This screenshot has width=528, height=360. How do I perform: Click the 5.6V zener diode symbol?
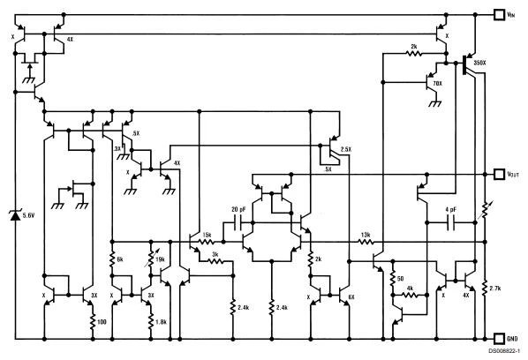click(x=15, y=216)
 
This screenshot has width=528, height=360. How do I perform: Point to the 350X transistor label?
click(x=481, y=64)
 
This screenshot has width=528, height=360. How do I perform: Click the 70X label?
click(x=437, y=83)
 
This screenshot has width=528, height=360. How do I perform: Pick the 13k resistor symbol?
click(x=365, y=241)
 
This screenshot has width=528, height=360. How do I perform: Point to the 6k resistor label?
click(x=120, y=259)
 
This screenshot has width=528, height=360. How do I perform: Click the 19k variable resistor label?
click(x=159, y=259)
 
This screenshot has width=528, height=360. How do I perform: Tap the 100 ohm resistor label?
click(x=102, y=321)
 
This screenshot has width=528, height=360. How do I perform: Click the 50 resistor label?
click(x=399, y=278)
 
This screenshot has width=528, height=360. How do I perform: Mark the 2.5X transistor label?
click(x=345, y=149)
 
